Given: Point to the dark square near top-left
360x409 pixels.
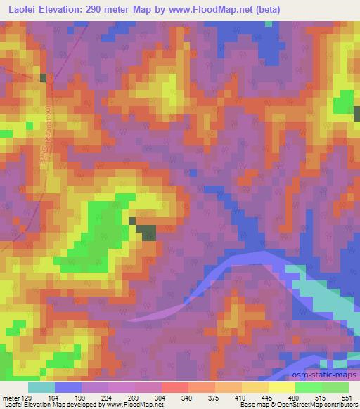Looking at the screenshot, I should [43, 78].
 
